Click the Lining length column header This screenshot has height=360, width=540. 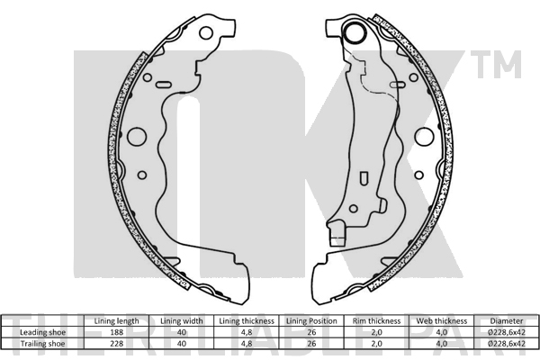pyautogui.click(x=116, y=321)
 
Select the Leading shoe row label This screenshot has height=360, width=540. pyautogui.click(x=42, y=332)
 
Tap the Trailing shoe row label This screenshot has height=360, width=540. pyautogui.click(x=42, y=344)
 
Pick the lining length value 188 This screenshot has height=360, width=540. pyautogui.click(x=116, y=332)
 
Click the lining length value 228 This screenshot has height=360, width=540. pyautogui.click(x=116, y=344)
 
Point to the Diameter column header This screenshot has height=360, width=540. pyautogui.click(x=507, y=321)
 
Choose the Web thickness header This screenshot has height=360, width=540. pyautogui.click(x=442, y=321)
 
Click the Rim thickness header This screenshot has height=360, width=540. pyautogui.click(x=376, y=321)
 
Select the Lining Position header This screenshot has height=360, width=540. pyautogui.click(x=311, y=321)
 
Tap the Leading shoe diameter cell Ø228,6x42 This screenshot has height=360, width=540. pyautogui.click(x=507, y=332)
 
